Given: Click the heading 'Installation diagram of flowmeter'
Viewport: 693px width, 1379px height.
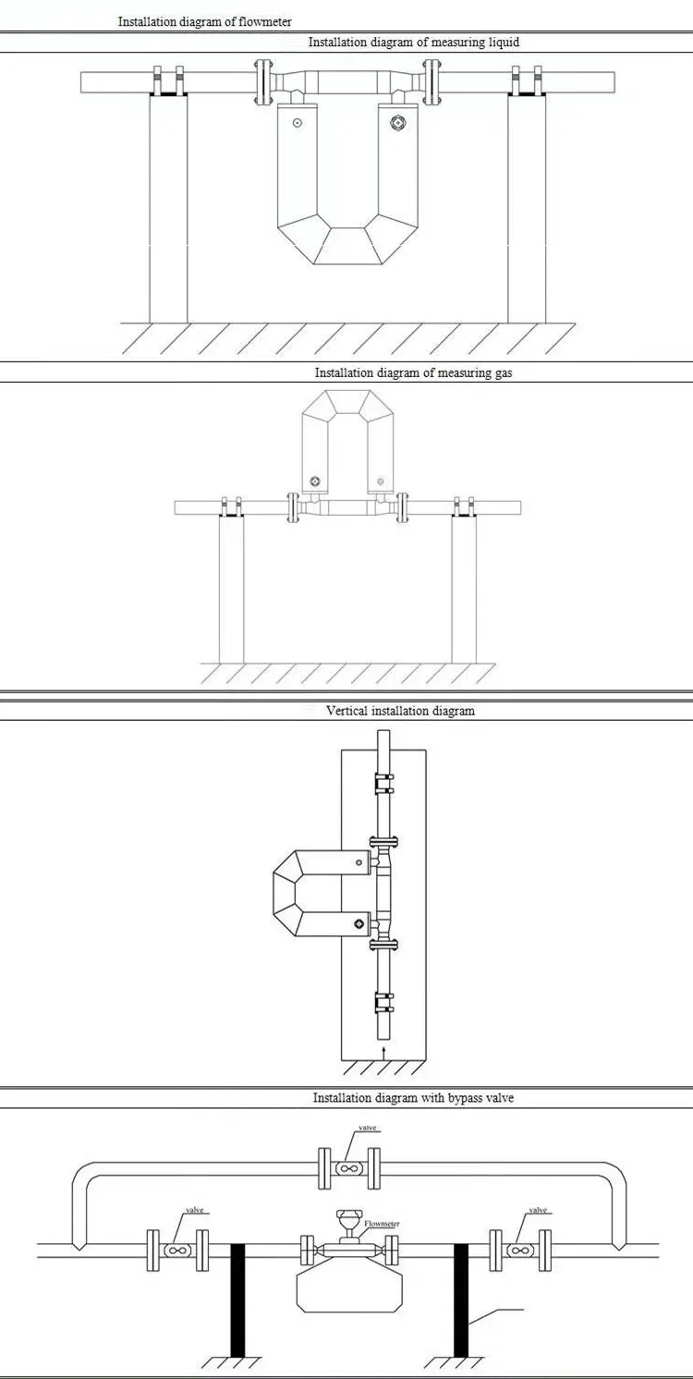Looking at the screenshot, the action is point(204,21).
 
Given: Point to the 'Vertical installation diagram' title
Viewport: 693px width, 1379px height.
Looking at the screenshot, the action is point(400,711).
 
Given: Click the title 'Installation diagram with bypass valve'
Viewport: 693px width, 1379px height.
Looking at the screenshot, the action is point(413,1098).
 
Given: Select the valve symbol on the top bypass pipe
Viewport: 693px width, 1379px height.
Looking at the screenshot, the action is point(347,1169).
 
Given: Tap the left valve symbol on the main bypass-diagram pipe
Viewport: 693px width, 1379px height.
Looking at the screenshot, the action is point(176,1251).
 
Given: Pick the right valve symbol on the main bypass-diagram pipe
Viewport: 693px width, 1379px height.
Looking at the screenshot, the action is point(520,1251).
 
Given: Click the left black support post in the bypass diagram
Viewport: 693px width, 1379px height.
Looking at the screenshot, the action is point(237,1299).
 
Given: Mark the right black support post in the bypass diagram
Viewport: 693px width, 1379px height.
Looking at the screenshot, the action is point(460,1299).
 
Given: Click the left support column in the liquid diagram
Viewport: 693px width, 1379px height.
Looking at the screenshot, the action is point(168,208).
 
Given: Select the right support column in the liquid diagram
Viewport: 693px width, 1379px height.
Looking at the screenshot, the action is point(527,208).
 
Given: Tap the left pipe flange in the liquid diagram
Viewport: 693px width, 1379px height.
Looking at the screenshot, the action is point(263,80).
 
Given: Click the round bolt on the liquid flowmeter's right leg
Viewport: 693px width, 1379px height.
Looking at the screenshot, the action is point(398,122).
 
